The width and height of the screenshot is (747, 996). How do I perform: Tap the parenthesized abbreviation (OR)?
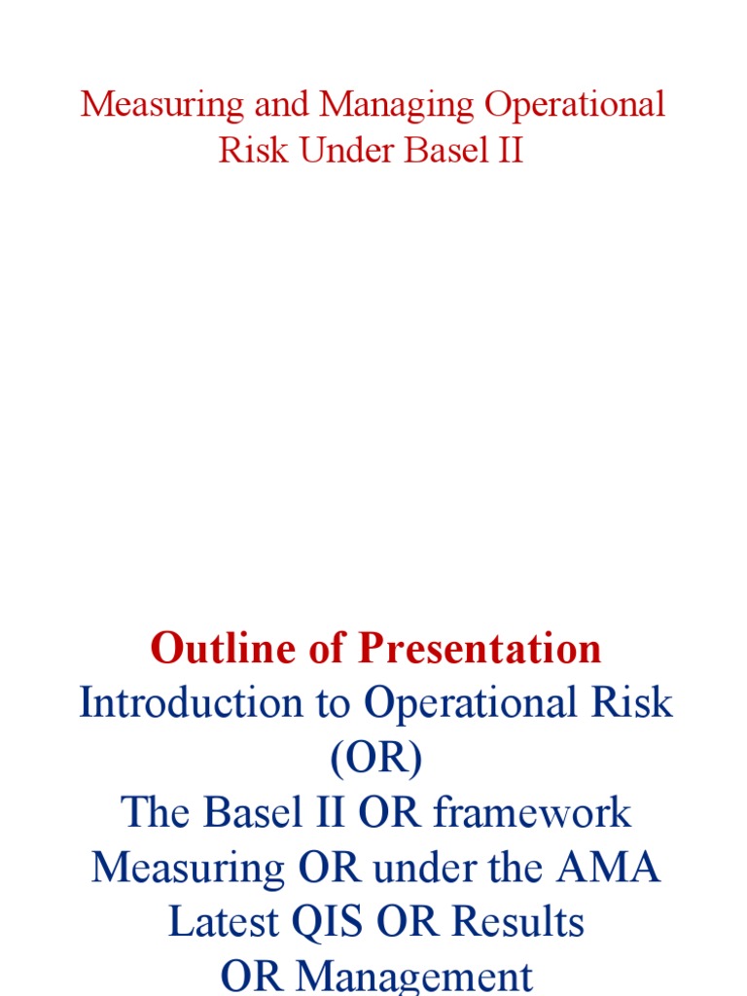tap(375, 759)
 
